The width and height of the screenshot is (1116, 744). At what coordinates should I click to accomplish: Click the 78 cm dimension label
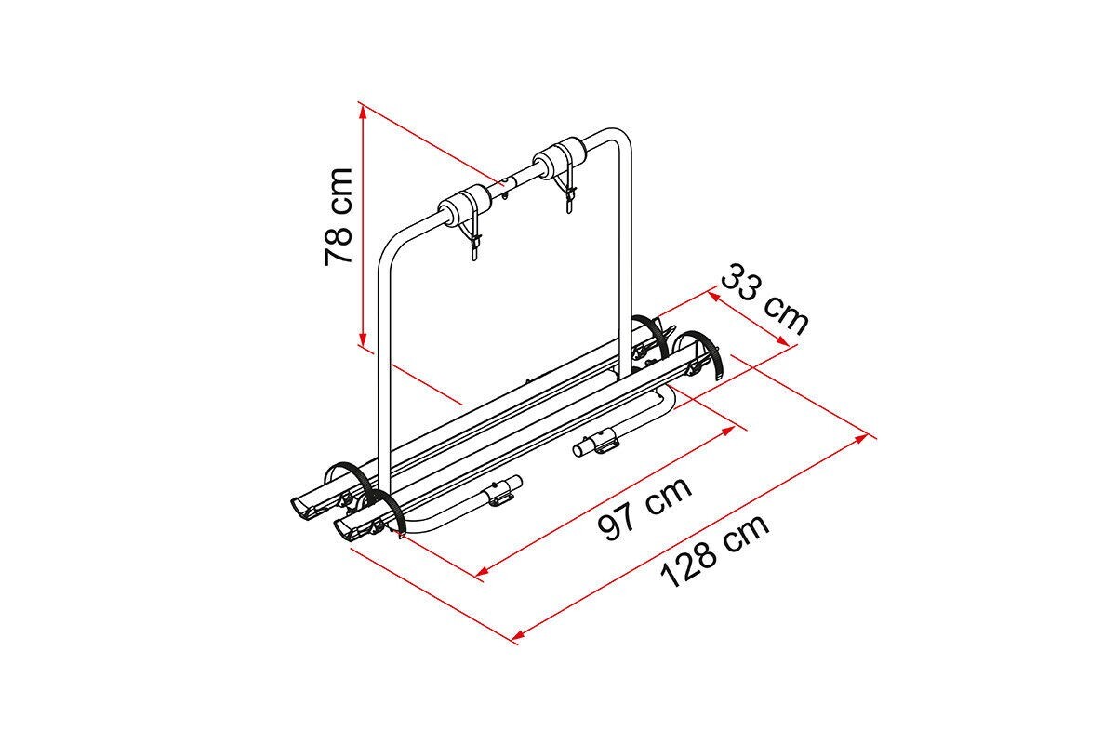coord(339,217)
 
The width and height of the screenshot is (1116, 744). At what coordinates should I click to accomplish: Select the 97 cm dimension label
coord(645,509)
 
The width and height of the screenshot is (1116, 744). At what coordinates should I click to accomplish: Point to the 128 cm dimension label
coord(714,551)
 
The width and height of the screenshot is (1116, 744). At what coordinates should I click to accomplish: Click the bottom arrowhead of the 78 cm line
coord(363,339)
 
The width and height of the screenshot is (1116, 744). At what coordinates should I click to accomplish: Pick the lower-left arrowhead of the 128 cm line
coord(519,635)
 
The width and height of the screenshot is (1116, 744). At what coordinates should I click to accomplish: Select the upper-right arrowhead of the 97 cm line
coord(728,430)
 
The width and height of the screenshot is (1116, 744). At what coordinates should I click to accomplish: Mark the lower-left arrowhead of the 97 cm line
coord(484,571)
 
